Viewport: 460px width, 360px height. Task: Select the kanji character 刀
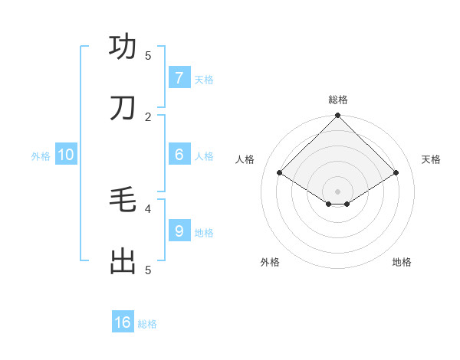tap(123, 108)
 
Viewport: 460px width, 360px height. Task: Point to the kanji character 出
tap(123, 261)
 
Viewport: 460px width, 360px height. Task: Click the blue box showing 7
tap(179, 77)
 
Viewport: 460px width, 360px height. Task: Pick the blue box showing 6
tap(179, 154)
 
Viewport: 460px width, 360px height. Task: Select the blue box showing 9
tap(179, 231)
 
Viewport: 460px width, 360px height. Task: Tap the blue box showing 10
tap(66, 154)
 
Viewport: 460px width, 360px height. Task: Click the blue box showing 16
tap(123, 322)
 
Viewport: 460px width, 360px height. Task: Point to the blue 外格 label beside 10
tap(41, 155)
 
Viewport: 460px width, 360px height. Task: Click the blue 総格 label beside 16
tap(147, 324)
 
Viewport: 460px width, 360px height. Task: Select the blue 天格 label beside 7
tap(204, 79)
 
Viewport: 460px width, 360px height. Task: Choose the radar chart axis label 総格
tap(338, 100)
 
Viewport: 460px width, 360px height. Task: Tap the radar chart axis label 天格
tap(432, 159)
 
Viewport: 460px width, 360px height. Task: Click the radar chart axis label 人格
tap(245, 159)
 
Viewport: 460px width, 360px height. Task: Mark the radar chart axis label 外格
tap(270, 262)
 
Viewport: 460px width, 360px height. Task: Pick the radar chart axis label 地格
tap(402, 262)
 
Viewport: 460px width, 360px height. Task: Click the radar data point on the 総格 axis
tap(337, 116)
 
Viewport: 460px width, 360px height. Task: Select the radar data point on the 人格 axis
tap(280, 173)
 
